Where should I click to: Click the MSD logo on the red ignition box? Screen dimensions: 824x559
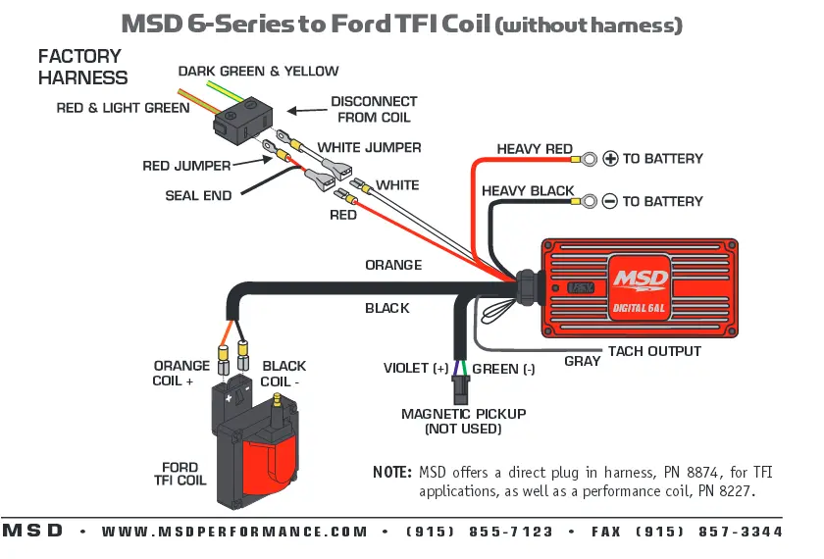pyautogui.click(x=641, y=279)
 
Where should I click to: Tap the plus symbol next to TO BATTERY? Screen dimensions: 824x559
pyautogui.click(x=610, y=158)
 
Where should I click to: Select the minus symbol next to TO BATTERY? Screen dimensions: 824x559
pyautogui.click(x=609, y=201)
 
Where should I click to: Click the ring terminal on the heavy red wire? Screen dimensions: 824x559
pyautogui.click(x=590, y=159)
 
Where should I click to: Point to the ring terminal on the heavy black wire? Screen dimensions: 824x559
pyautogui.click(x=590, y=201)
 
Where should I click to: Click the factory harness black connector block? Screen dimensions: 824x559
pyautogui.click(x=243, y=121)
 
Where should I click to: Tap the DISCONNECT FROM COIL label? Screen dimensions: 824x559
pyautogui.click(x=374, y=109)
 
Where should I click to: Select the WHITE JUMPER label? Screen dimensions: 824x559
pyautogui.click(x=369, y=148)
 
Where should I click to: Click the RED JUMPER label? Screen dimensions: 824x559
pyautogui.click(x=186, y=166)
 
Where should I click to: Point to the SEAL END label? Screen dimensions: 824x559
pyautogui.click(x=198, y=195)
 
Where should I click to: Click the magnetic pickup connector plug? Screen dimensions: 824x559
pyautogui.click(x=460, y=388)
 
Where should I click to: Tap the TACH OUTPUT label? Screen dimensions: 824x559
pyautogui.click(x=654, y=351)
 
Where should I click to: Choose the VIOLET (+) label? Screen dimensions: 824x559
pyautogui.click(x=416, y=368)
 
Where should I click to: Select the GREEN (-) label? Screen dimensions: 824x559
pyautogui.click(x=503, y=369)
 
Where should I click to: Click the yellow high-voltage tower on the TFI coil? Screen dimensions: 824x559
pyautogui.click(x=277, y=407)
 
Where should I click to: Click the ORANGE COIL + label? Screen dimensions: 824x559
pyautogui.click(x=180, y=373)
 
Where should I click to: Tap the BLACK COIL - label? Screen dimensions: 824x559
pyautogui.click(x=283, y=374)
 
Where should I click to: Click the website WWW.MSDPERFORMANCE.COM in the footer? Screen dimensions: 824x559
pyautogui.click(x=234, y=532)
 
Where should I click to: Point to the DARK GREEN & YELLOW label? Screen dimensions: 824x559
pyautogui.click(x=259, y=71)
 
